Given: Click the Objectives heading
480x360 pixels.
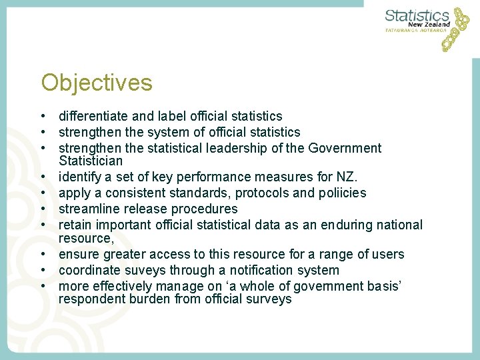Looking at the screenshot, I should point(97,83).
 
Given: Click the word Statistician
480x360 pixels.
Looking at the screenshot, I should point(91,161).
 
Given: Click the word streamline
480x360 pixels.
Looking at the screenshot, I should point(89,209).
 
